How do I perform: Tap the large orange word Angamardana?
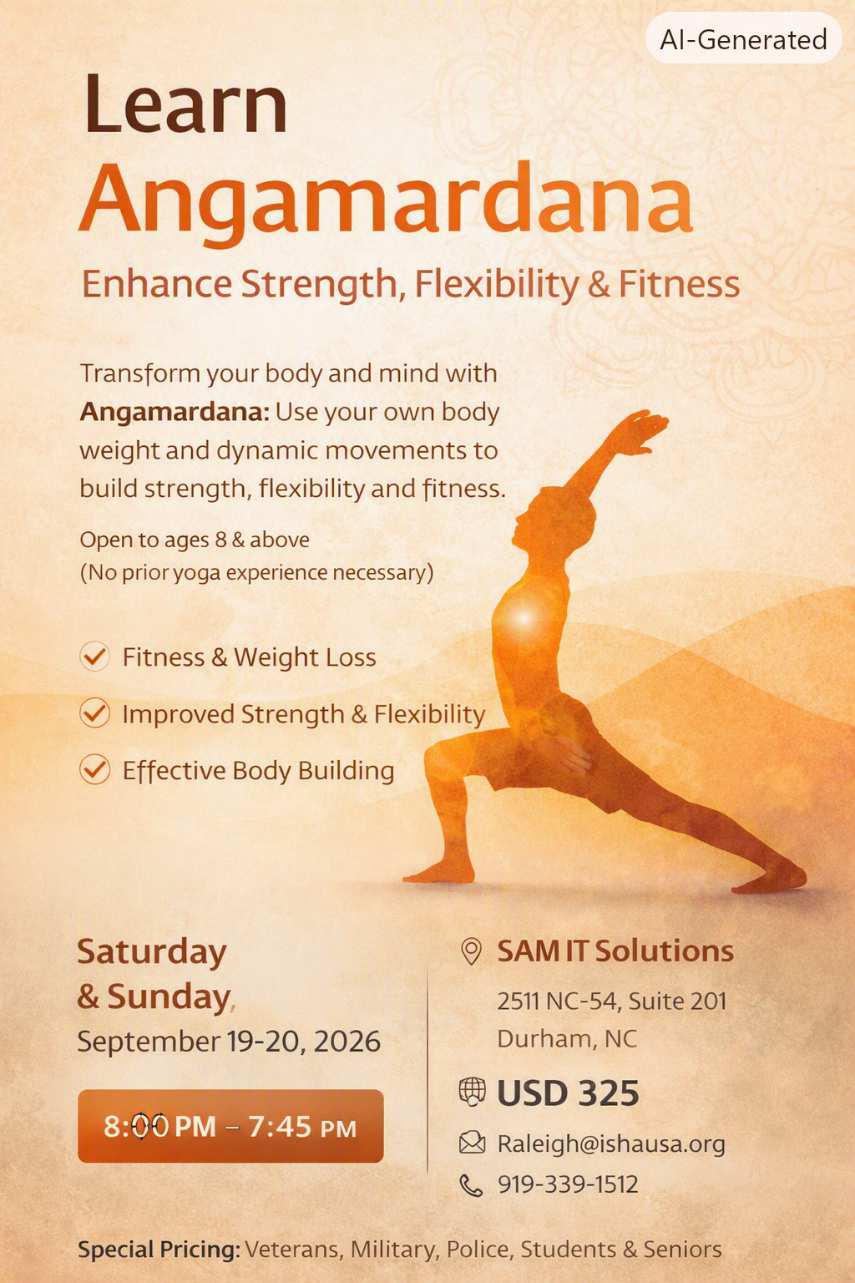click(x=386, y=203)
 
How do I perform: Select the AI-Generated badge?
click(x=743, y=39)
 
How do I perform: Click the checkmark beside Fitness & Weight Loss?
click(x=94, y=656)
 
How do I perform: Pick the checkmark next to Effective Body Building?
click(x=94, y=769)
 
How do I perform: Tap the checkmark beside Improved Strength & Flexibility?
click(x=94, y=713)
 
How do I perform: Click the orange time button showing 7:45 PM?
click(x=230, y=1126)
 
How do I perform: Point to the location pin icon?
click(x=471, y=951)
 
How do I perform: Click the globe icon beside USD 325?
click(x=473, y=1092)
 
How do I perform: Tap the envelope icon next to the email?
click(x=473, y=1143)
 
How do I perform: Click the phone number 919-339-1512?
click(x=568, y=1184)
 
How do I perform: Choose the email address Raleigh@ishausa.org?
click(x=611, y=1144)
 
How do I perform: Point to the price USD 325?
click(x=568, y=1093)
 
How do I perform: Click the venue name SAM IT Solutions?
click(x=615, y=951)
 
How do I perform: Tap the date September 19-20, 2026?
click(x=229, y=1041)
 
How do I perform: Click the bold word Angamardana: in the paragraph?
click(x=175, y=412)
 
